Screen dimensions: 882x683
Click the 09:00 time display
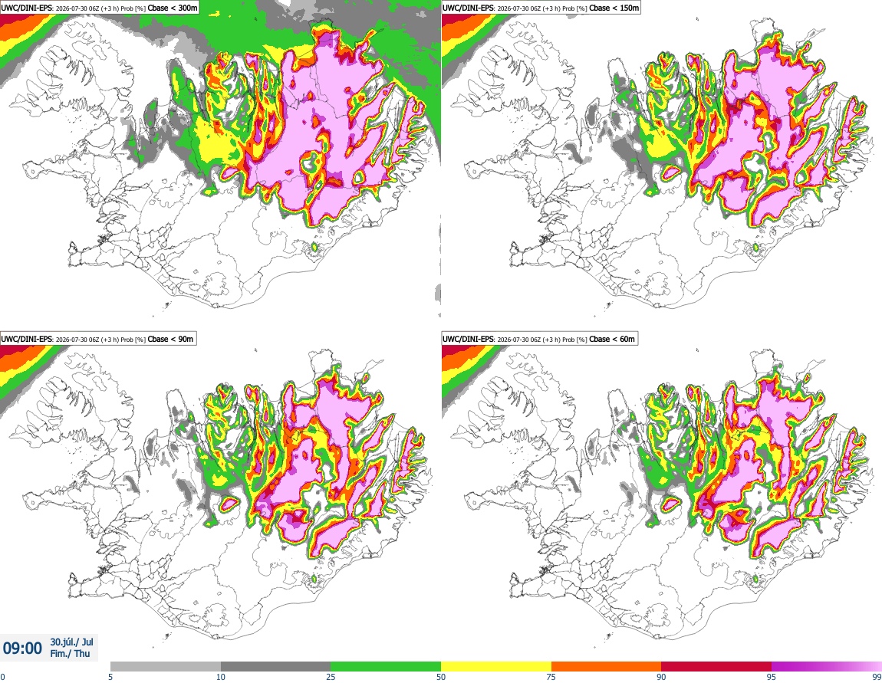(x=22, y=649)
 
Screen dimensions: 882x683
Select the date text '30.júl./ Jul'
(x=71, y=642)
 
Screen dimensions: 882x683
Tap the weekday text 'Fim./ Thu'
(x=70, y=653)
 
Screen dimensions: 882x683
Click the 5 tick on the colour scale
(x=110, y=677)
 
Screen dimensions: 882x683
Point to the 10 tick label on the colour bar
(x=221, y=677)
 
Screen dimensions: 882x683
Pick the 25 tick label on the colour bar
(x=331, y=677)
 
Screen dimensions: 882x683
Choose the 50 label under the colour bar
(x=441, y=677)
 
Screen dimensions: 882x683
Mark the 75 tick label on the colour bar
(x=551, y=677)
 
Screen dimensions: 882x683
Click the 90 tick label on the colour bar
(x=661, y=677)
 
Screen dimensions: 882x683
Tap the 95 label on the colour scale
(x=772, y=677)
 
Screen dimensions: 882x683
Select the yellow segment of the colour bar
(x=496, y=667)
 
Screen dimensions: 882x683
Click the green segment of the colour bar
(x=386, y=667)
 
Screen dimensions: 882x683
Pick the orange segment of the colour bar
(x=607, y=667)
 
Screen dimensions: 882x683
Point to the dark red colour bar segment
(x=716, y=667)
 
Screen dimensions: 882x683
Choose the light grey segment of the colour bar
(x=166, y=667)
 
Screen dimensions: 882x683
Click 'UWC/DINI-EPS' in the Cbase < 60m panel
(x=468, y=339)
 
